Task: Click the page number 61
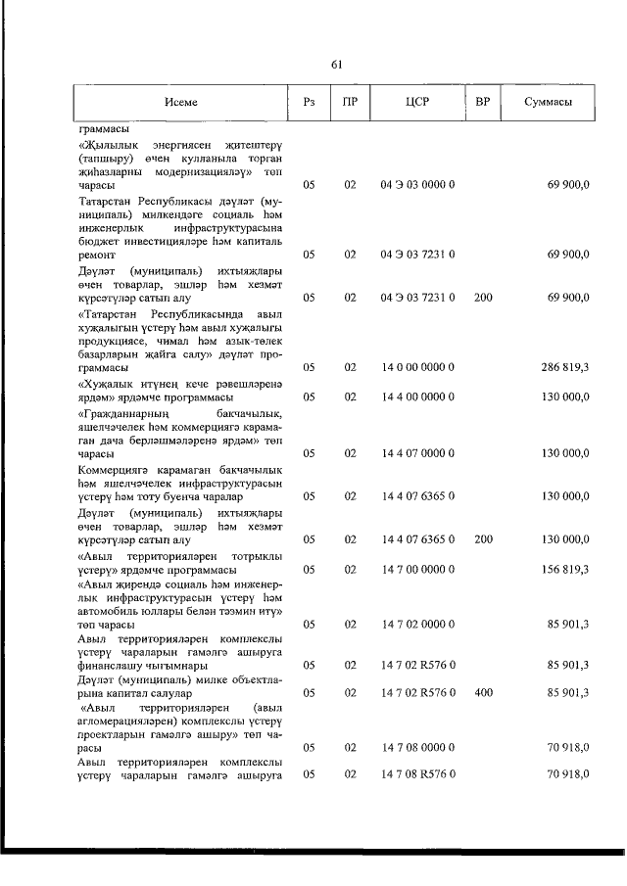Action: pyautogui.click(x=336, y=65)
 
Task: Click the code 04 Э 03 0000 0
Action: pyautogui.click(x=416, y=184)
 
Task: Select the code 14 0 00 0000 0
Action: pyautogui.click(x=416, y=367)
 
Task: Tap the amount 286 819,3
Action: pyautogui.click(x=563, y=367)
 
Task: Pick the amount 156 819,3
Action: pyautogui.click(x=563, y=569)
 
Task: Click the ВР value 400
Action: pyautogui.click(x=483, y=692)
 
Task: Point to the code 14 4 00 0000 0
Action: pyautogui.click(x=416, y=397)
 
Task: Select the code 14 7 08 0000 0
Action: pyautogui.click(x=416, y=747)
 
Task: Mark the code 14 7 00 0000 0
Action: pyautogui.click(x=416, y=569)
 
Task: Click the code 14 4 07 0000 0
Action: pyautogui.click(x=416, y=453)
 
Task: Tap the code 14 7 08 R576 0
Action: pyautogui.click(x=416, y=774)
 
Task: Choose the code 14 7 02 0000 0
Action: pyautogui.click(x=416, y=623)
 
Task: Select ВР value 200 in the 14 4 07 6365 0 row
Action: pyautogui.click(x=483, y=538)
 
